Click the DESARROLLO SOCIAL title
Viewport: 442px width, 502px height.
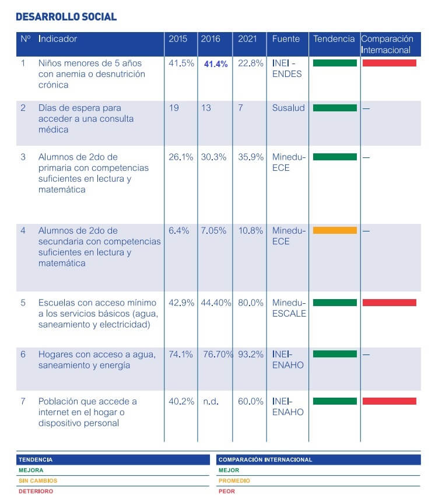[x=66, y=17]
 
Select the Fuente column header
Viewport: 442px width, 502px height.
[x=286, y=38]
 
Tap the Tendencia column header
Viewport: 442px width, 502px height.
[x=334, y=38]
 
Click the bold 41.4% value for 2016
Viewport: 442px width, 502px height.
[x=216, y=64]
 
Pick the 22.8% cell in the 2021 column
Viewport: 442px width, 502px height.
[x=250, y=63]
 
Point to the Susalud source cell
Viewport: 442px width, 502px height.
[x=288, y=108]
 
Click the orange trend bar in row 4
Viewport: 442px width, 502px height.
[x=335, y=230]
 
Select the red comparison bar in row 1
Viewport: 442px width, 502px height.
[x=389, y=63]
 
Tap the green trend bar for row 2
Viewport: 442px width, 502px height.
[x=335, y=108]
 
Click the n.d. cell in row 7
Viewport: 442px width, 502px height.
[x=211, y=402]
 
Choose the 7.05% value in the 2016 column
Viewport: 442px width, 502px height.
[x=213, y=230]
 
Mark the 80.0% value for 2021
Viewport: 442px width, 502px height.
[x=250, y=303]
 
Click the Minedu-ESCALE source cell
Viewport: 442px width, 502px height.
[x=289, y=308]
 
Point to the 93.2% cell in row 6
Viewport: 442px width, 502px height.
[x=250, y=354]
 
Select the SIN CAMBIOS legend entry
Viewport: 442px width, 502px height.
[x=38, y=480]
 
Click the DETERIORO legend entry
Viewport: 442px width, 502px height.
[x=36, y=491]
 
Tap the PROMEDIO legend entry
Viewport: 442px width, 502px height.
[x=234, y=480]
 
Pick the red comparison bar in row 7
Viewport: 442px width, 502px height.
[x=389, y=401]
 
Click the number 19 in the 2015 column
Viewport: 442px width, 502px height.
[x=174, y=108]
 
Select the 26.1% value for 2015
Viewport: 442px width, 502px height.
[x=181, y=157]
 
